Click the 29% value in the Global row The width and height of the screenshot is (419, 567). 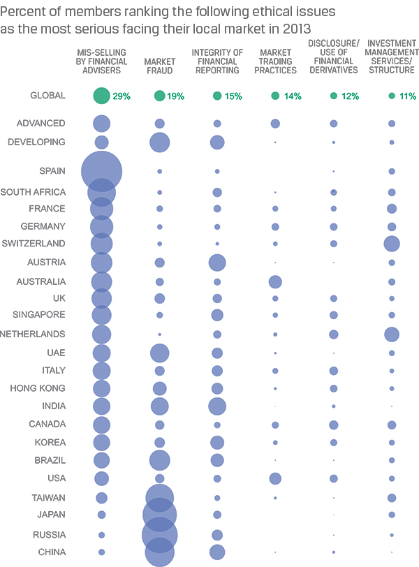[x=121, y=96]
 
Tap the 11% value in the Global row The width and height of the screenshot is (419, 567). [x=407, y=96]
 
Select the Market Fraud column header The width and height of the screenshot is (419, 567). [x=160, y=66]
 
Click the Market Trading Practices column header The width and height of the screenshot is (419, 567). [x=275, y=61]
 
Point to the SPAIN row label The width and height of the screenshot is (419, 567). [x=53, y=170]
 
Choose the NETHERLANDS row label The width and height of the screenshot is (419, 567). [x=33, y=334]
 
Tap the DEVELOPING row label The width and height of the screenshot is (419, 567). [x=36, y=142]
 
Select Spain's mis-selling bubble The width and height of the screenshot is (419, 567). [x=102, y=171]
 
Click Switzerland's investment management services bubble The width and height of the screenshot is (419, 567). [x=392, y=244]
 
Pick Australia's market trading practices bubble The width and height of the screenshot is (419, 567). [x=275, y=281]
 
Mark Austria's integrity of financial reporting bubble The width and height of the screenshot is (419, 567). [x=217, y=263]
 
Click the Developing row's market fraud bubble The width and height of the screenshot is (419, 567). [x=160, y=142]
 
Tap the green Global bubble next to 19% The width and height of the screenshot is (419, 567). [x=160, y=96]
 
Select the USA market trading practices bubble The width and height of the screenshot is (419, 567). [x=275, y=478]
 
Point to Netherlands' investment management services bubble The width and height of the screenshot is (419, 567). [x=392, y=334]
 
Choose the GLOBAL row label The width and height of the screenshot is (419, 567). [x=48, y=96]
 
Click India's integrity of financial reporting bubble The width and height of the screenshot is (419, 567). [x=217, y=406]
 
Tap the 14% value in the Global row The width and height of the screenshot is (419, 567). [x=293, y=96]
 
